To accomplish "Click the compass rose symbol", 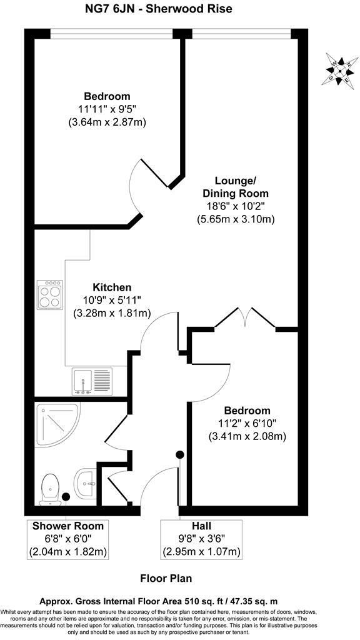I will (x=337, y=69).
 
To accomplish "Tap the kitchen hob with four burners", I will (x=51, y=294).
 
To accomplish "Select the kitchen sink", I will (x=91, y=380).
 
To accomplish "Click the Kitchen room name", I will (x=112, y=287).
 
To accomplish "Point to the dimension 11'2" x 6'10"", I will (x=247, y=424).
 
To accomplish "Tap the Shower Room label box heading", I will (x=67, y=526).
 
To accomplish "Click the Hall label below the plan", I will (x=201, y=526).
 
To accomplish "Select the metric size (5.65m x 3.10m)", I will (x=236, y=219).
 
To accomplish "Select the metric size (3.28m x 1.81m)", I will (x=112, y=312).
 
